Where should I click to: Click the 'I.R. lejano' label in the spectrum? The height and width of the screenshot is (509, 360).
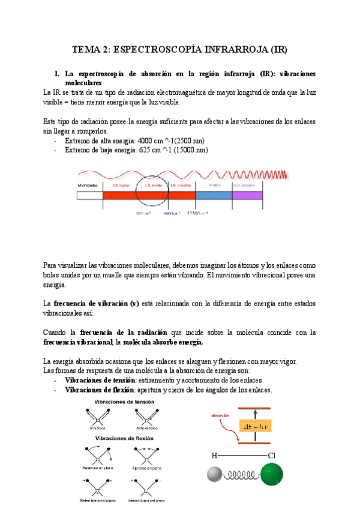[119, 185]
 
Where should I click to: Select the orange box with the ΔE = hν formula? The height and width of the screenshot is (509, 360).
[254, 427]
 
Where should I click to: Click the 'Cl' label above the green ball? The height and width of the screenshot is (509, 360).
[272, 455]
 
